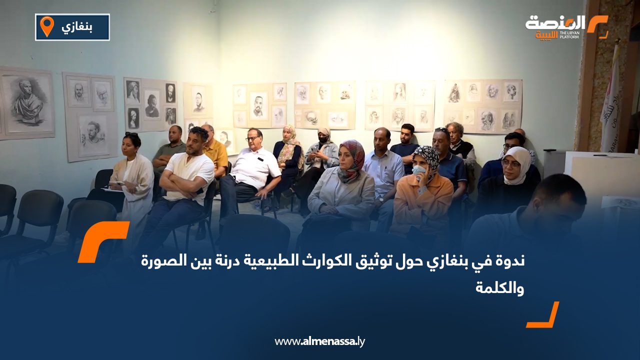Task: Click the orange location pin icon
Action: click(46, 26)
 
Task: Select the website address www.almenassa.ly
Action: click(320, 341)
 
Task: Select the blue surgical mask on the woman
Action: click(419, 170)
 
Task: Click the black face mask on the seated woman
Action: click(323, 139)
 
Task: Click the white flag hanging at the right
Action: click(610, 100)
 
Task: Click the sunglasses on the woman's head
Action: click(131, 134)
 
